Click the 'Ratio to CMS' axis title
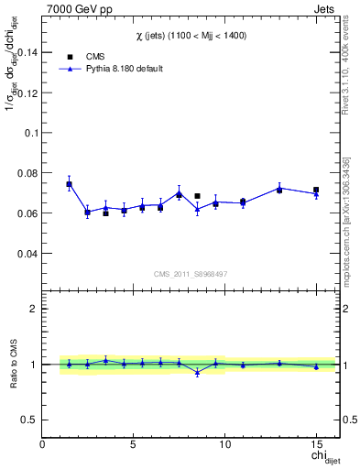pyautogui.click(x=13, y=364)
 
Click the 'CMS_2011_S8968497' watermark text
pyautogui.click(x=191, y=274)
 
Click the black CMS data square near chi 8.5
pyautogui.click(x=197, y=196)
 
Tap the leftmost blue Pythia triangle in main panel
pyautogui.click(x=69, y=184)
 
